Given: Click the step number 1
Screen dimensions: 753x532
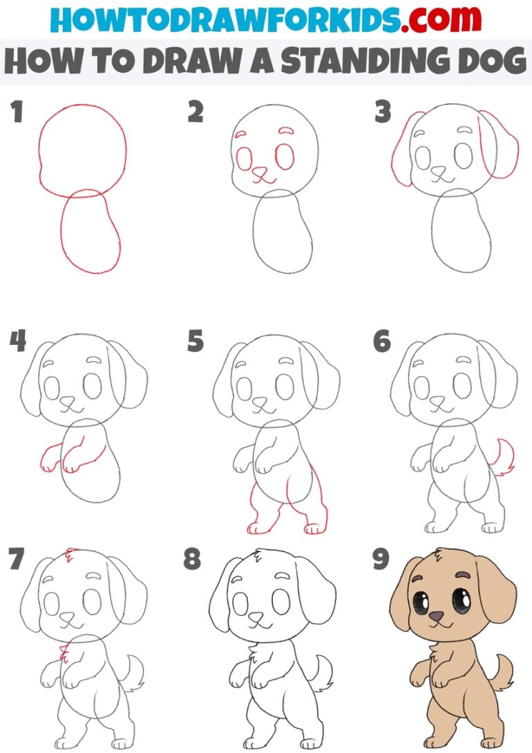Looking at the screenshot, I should click(16, 112).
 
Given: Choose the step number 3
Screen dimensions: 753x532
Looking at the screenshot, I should click(382, 112).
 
